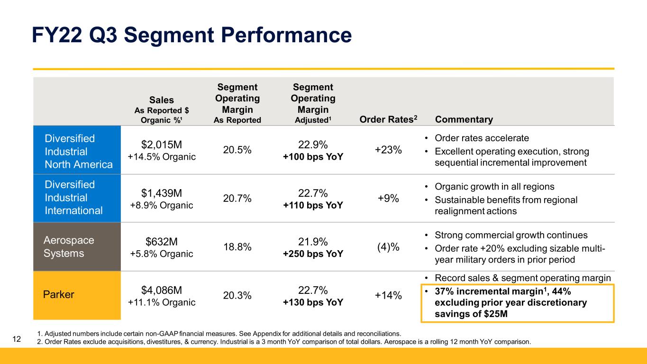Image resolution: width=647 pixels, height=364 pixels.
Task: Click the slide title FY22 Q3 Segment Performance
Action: point(191,36)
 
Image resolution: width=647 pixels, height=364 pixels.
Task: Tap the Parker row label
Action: point(59,295)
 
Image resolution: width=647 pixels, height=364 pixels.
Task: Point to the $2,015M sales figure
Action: point(162,144)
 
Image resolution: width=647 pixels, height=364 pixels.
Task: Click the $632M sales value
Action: point(162,242)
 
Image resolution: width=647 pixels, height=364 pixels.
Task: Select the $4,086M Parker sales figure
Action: point(162,290)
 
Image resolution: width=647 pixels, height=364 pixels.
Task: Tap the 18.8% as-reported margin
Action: point(237,247)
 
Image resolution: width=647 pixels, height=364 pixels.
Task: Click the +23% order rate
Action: point(388,150)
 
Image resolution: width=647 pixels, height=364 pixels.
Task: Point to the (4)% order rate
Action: point(388,247)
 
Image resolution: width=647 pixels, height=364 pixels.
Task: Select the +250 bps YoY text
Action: point(313,254)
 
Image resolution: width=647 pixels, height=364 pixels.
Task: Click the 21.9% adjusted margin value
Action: point(313,241)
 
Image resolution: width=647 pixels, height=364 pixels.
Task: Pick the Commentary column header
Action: point(464,120)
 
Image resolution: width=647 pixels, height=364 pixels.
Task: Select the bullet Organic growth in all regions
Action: point(494,186)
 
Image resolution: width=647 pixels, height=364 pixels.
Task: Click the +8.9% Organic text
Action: point(162,205)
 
